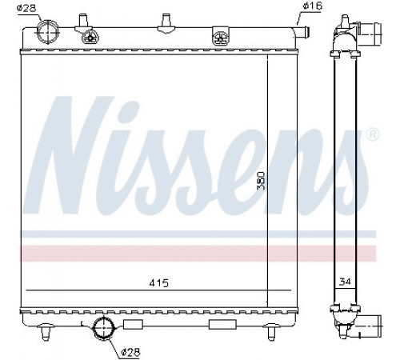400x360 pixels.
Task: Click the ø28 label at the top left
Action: tap(26, 8)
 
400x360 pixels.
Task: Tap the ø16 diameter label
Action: tap(313, 6)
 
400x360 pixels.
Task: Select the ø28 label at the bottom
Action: tap(130, 353)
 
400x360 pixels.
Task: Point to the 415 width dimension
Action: tap(159, 283)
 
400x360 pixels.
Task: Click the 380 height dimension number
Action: tap(261, 181)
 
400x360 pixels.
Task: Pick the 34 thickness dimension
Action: tap(345, 282)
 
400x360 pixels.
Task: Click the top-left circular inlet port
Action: tap(48, 32)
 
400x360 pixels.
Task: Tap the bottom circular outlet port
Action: tap(103, 328)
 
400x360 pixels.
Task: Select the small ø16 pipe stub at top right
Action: tap(302, 32)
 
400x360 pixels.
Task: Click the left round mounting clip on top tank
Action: tap(90, 38)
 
